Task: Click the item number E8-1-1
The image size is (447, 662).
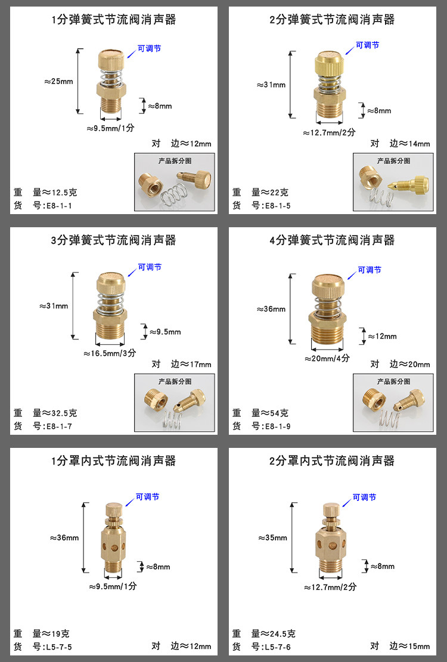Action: tap(58, 206)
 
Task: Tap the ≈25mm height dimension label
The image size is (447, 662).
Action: tap(58, 82)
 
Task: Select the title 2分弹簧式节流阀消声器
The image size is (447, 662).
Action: tap(332, 20)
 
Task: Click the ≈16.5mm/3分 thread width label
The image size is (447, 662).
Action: tap(110, 353)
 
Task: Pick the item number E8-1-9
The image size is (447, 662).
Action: tap(277, 426)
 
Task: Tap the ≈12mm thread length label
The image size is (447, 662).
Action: tap(383, 336)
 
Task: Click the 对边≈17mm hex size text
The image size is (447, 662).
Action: tap(182, 364)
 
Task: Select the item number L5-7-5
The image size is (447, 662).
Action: tap(58, 647)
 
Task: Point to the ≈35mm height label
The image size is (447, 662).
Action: tap(273, 538)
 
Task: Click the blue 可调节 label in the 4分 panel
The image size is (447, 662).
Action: tap(370, 270)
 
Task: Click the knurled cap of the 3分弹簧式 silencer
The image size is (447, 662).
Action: tap(111, 281)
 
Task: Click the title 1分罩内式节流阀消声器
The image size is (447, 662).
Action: tap(114, 460)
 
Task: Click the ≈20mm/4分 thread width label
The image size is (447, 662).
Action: tap(327, 358)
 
